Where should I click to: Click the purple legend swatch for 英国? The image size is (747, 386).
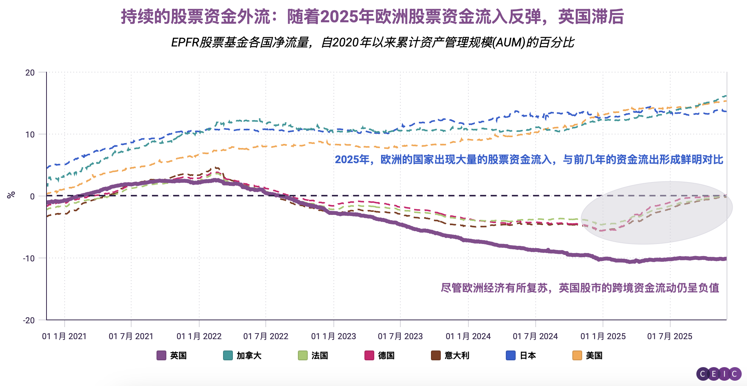(161, 355)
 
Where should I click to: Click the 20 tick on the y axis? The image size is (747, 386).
(30, 73)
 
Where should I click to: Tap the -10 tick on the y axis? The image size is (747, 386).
(29, 258)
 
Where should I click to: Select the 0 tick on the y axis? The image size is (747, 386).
(33, 196)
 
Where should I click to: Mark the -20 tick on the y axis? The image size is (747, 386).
(29, 320)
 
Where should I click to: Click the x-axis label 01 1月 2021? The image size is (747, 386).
(64, 336)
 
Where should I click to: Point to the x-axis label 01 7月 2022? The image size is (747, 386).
(266, 336)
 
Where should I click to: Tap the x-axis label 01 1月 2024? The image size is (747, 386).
(468, 336)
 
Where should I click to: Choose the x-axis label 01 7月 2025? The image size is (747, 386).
(670, 336)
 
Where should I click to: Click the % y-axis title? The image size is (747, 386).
(11, 195)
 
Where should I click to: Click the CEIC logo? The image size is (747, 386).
(719, 374)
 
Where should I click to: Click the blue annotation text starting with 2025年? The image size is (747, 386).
(529, 160)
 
